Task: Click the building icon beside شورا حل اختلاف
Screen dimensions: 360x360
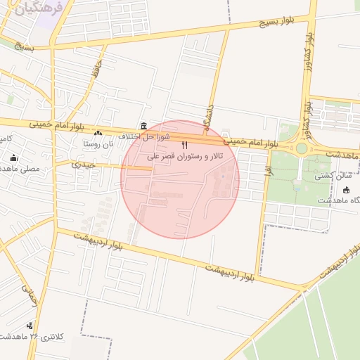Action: pos(143,126)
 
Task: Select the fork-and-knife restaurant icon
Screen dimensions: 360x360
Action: pos(184,145)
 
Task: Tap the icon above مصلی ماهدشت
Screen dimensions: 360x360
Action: pos(13,158)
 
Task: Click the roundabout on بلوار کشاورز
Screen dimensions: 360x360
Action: pos(302,148)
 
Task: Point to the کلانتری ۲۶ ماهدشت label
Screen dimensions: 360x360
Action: pos(32,337)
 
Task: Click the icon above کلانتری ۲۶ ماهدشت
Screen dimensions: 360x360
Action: pos(30,326)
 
